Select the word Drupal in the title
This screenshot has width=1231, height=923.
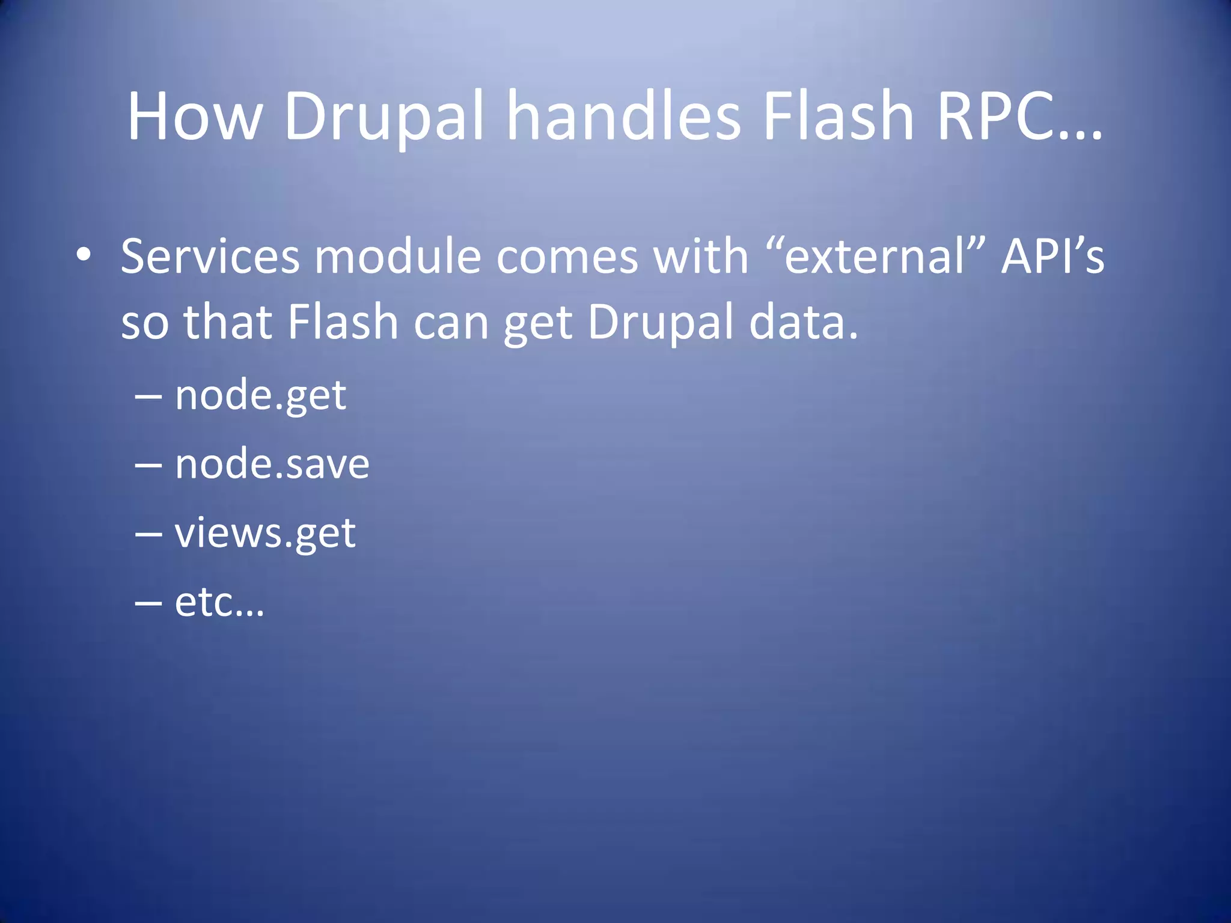383,117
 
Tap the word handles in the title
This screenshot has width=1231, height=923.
624,117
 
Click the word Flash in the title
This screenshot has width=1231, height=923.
838,117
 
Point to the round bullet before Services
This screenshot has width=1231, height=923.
84,255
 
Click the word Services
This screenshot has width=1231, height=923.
210,257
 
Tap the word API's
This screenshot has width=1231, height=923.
1052,257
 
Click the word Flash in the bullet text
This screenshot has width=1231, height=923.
343,322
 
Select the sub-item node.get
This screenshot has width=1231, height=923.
260,397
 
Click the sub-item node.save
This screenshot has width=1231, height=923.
272,465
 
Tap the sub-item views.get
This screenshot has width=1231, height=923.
265,534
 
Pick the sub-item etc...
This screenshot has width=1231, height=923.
219,602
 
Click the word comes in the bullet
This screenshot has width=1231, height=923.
567,257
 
